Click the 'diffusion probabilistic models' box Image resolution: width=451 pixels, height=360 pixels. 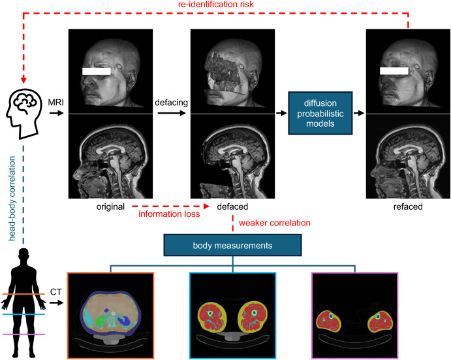(320, 112)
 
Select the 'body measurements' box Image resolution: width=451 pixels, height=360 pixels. (234, 246)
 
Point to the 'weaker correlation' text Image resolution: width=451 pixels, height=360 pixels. (274, 223)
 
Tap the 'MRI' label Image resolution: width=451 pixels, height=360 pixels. (55, 103)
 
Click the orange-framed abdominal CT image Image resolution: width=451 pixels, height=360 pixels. (110, 315)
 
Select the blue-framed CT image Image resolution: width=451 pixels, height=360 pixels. (232, 315)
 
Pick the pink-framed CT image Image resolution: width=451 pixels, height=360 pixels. (354, 315)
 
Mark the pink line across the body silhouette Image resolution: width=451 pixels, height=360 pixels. (25, 334)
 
